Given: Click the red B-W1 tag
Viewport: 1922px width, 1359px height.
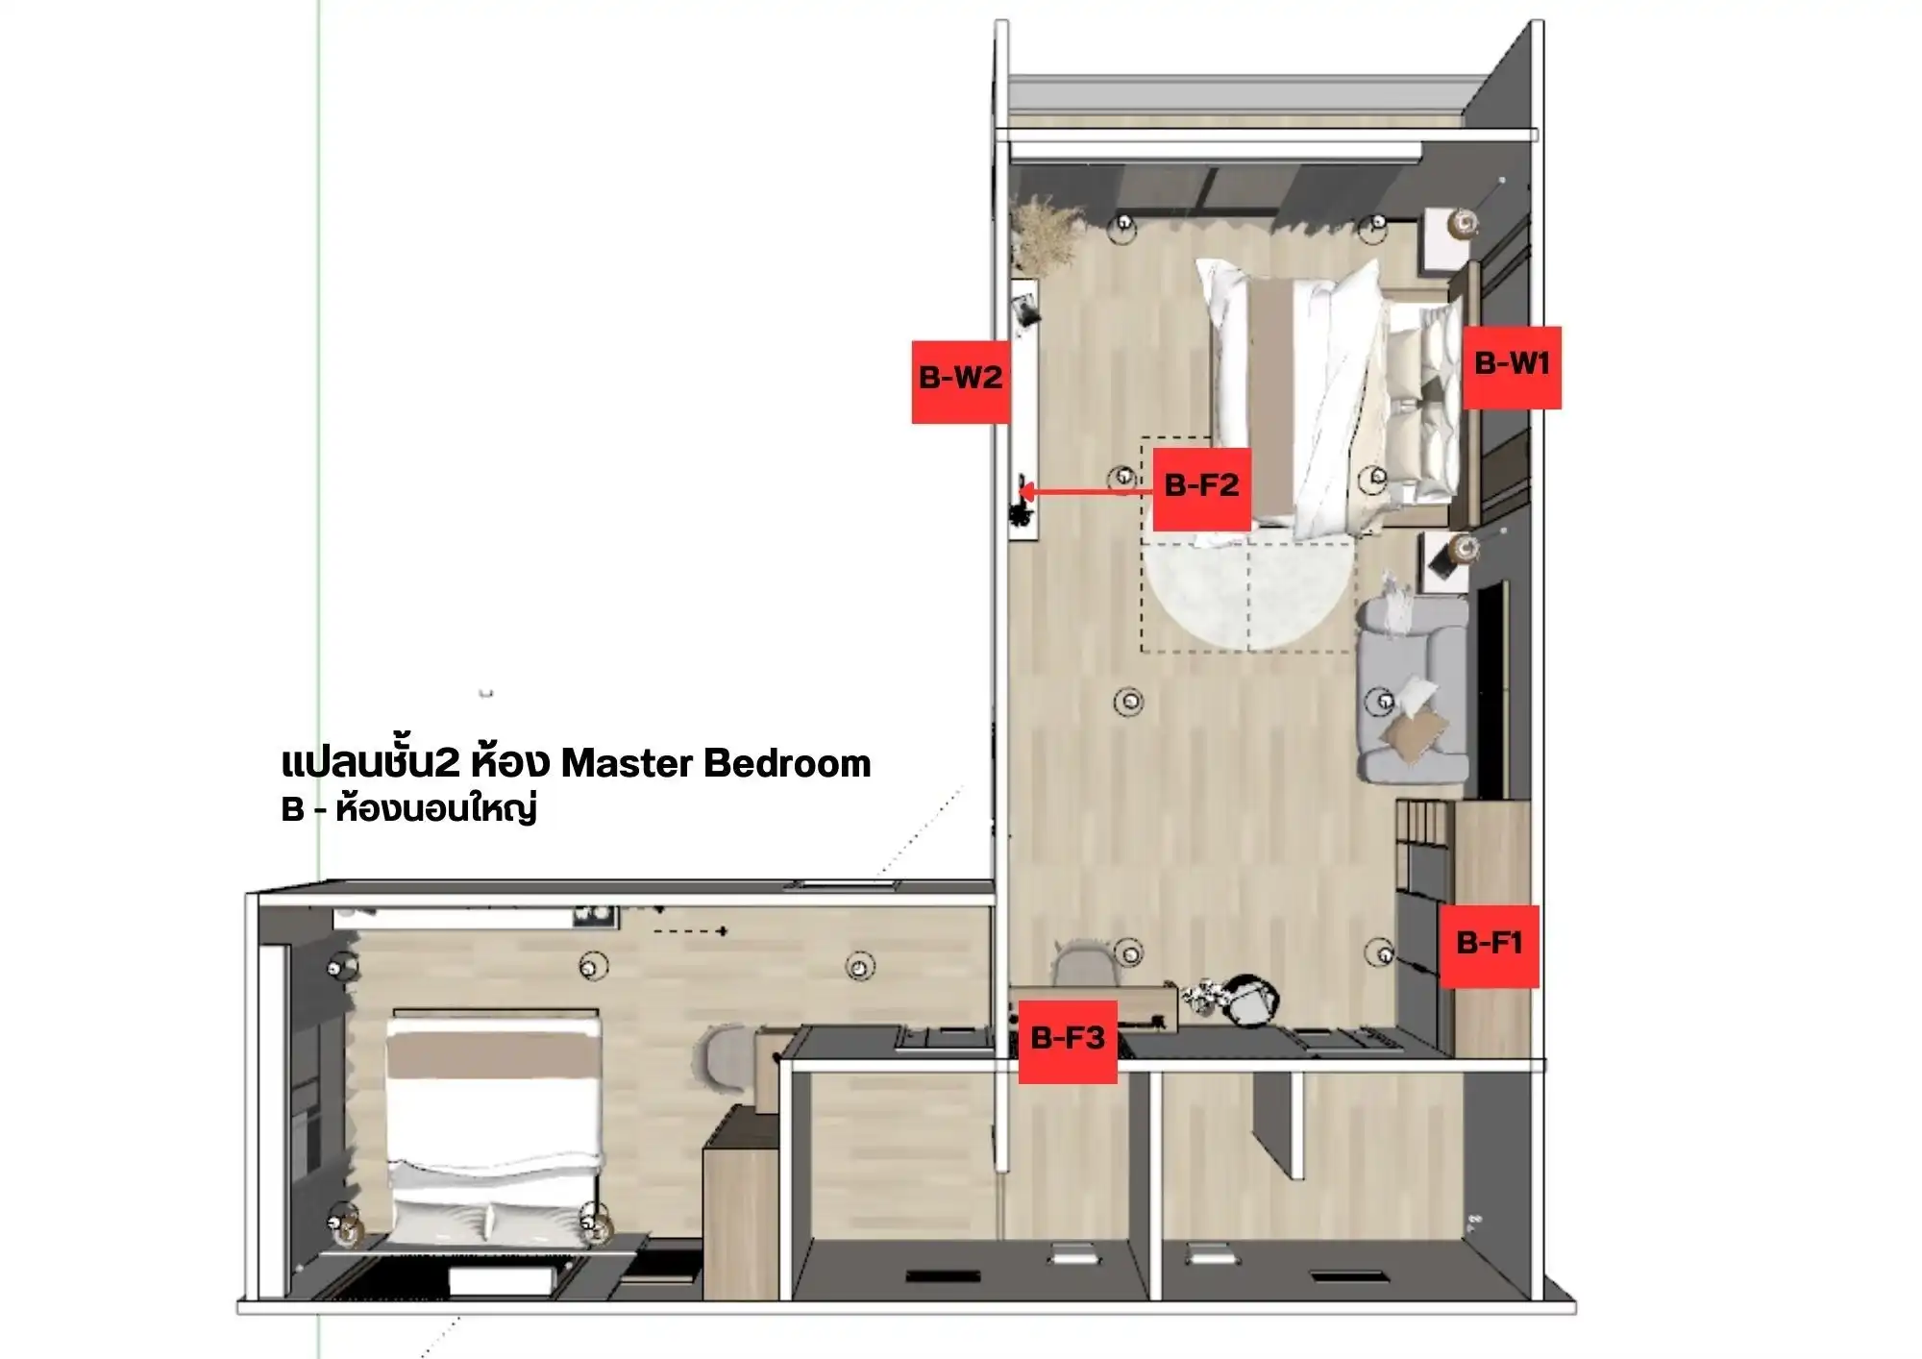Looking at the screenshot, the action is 1512,368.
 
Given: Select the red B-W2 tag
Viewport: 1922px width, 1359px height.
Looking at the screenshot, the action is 960,382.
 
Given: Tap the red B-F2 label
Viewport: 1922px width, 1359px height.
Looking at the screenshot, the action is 1201,488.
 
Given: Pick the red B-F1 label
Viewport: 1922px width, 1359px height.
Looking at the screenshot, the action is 1489,946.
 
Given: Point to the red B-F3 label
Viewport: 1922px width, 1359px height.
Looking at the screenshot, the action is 1068,1041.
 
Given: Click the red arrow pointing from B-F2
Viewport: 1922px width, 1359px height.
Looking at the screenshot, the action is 1086,493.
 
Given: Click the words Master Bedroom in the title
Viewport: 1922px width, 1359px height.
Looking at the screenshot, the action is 716,763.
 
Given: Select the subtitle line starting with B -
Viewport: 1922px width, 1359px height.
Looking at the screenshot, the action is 408,810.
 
